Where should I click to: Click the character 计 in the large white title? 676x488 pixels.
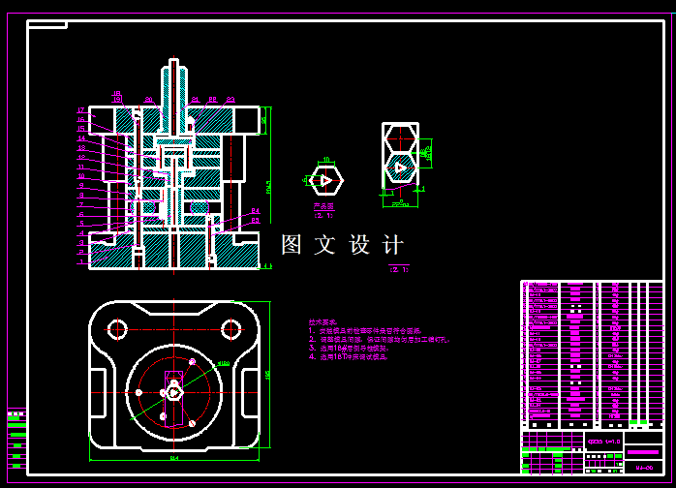pos(393,245)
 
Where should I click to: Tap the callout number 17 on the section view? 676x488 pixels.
pos(81,111)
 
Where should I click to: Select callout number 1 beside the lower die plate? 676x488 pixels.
pos(81,261)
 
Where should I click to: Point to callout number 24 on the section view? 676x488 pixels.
pos(255,210)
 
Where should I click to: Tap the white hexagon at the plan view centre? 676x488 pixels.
pos(173,392)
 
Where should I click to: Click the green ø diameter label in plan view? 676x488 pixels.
pos(222,363)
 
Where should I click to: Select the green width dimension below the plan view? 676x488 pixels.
pos(174,457)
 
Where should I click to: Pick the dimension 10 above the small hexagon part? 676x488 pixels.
pos(326,159)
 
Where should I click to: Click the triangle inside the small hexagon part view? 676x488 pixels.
pos(326,180)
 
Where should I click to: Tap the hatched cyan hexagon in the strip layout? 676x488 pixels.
pos(399,168)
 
